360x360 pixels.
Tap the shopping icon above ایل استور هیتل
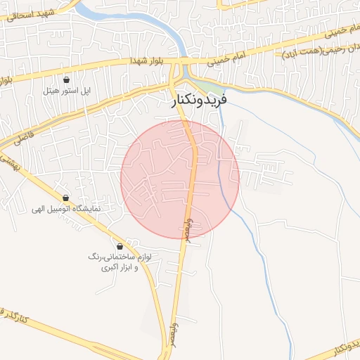[66, 80]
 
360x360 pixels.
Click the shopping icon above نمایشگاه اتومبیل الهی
[66, 198]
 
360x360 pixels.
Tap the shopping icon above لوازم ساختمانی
[120, 247]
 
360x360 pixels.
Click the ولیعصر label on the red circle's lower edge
[188, 230]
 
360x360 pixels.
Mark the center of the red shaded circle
[180, 179]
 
